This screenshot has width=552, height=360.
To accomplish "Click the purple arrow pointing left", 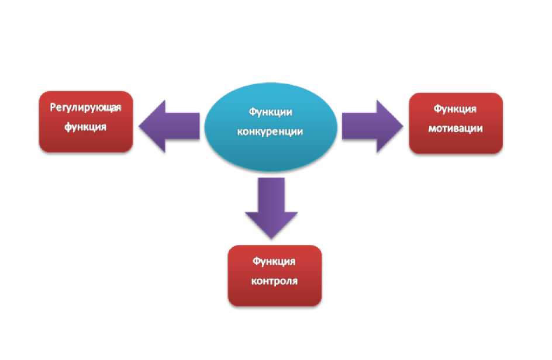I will click(x=170, y=126).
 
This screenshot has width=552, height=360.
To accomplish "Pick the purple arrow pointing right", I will click(x=372, y=126).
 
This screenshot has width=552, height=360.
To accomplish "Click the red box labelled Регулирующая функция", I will click(x=87, y=122).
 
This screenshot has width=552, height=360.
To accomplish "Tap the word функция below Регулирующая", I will click(x=87, y=126).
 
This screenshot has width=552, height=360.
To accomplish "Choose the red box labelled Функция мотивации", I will click(x=456, y=123).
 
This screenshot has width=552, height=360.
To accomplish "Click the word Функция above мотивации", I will click(x=456, y=109).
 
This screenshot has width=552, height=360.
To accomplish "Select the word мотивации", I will click(x=456, y=129).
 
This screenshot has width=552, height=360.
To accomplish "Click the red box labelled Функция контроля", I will click(x=274, y=275).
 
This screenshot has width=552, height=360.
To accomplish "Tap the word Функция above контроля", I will click(x=274, y=261).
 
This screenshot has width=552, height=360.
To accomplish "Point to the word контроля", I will click(x=274, y=281).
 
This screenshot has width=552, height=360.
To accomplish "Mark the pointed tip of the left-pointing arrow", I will click(x=140, y=126).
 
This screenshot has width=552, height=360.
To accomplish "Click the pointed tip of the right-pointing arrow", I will click(x=402, y=126).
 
